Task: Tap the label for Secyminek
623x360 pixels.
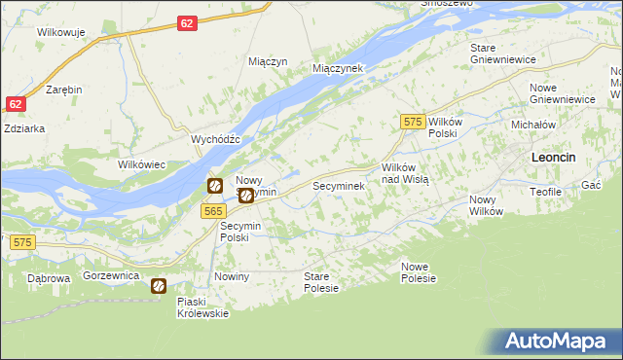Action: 338,185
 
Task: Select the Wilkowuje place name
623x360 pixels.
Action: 61,32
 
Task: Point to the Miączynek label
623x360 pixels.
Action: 337,69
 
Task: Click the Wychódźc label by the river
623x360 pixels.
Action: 215,139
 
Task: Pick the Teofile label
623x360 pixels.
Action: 546,192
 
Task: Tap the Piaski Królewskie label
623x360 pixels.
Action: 202,307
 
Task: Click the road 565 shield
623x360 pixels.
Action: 215,211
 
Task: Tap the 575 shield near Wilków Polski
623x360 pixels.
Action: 413,121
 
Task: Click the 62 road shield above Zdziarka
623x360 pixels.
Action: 15,104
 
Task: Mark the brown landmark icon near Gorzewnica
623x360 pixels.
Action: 158,286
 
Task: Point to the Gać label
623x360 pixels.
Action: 590,185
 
